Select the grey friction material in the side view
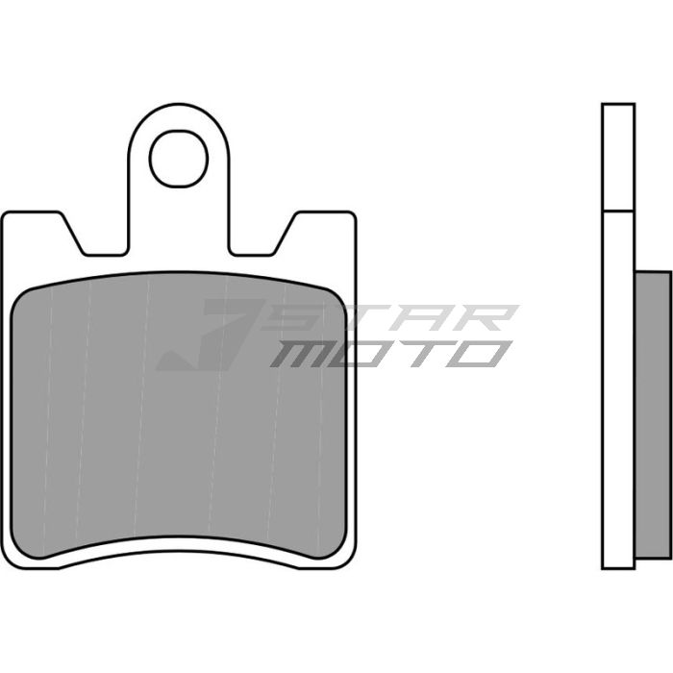[654, 413]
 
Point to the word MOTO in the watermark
[389, 354]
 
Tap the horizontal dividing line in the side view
[618, 211]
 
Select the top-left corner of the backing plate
[8, 217]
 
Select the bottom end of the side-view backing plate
[618, 566]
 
